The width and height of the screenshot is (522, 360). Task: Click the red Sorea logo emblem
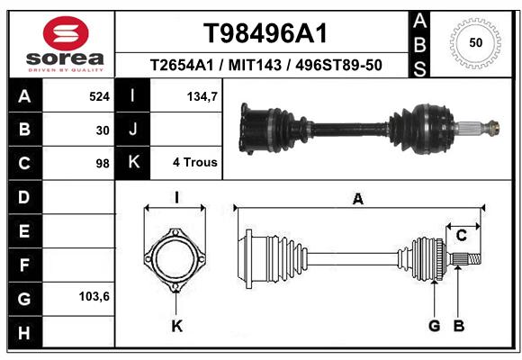(x=66, y=33)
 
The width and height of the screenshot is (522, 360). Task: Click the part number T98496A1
(x=265, y=33)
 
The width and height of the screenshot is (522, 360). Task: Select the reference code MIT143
(x=255, y=65)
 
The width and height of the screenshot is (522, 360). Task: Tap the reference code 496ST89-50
(x=338, y=65)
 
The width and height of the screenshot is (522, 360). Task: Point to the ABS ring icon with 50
(x=475, y=43)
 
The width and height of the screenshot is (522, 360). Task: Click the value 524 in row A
(x=99, y=96)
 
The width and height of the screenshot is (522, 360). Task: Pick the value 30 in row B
(x=103, y=130)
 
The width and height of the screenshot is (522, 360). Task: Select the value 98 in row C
(x=103, y=164)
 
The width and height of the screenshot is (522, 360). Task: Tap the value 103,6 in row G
(x=94, y=296)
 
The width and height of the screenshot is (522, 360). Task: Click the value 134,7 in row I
(x=202, y=96)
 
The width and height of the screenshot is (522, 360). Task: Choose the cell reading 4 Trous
(x=195, y=162)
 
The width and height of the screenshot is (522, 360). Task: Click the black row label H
(x=25, y=332)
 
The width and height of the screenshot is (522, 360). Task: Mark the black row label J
(x=133, y=129)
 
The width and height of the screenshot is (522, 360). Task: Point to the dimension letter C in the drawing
(x=462, y=236)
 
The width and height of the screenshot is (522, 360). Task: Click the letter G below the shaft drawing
(x=435, y=326)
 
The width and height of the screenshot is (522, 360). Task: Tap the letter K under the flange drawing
(x=177, y=326)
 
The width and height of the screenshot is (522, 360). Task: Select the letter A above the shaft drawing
(x=358, y=199)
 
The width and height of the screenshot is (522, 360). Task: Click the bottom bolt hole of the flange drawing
(x=175, y=287)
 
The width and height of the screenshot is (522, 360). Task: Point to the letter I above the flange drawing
(x=176, y=197)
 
